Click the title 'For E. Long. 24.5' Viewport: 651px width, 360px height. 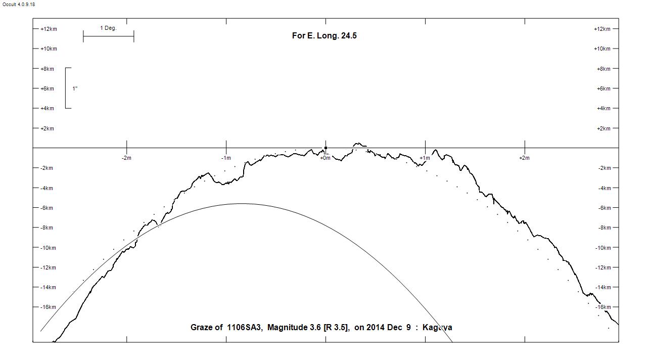(324, 36)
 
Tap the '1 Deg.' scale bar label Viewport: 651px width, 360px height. (108, 28)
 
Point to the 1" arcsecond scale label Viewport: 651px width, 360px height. (75, 89)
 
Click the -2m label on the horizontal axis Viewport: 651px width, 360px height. (126, 158)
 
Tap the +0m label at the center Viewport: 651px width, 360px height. (325, 158)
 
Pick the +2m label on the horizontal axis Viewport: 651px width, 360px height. (524, 158)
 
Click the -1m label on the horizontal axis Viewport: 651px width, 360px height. (226, 158)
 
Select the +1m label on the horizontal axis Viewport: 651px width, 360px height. (425, 158)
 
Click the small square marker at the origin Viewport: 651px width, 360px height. (325, 148)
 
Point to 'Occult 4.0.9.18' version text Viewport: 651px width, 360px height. (19, 5)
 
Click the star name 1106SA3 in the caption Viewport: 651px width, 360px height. (245, 328)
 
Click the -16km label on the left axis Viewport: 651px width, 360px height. (48, 307)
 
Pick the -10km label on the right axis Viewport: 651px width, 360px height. (604, 248)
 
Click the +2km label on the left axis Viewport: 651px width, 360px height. (47, 129)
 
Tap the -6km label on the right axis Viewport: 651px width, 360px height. (604, 208)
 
